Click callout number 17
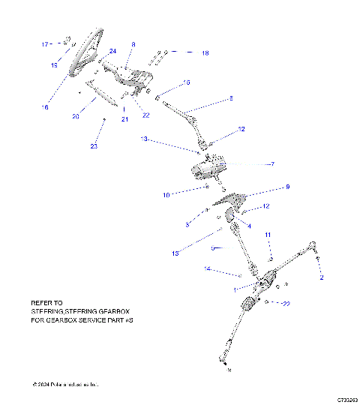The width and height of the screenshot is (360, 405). pyautogui.click(x=44, y=44)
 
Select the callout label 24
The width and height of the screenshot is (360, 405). pyautogui.click(x=113, y=51)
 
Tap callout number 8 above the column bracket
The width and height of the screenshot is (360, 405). pyautogui.click(x=133, y=45)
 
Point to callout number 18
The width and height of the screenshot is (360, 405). pyautogui.click(x=205, y=53)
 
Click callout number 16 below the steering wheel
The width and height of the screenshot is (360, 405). pyautogui.click(x=45, y=107)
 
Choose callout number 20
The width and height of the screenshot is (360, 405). pyautogui.click(x=76, y=116)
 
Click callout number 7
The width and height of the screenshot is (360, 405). pyautogui.click(x=272, y=164)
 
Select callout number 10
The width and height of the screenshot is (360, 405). pyautogui.click(x=166, y=195)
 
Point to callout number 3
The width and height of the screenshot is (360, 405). pyautogui.click(x=187, y=224)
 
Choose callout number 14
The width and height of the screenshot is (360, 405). pyautogui.click(x=207, y=268)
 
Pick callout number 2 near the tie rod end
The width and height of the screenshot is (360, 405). pyautogui.click(x=322, y=277)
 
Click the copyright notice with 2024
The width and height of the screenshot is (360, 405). pyautogui.click(x=66, y=385)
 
